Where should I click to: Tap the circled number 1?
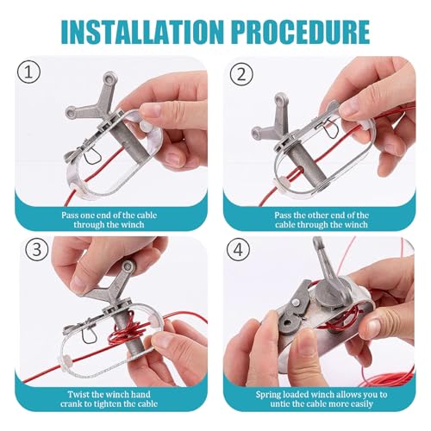28,72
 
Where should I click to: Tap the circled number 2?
241,74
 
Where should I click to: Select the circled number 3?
36,249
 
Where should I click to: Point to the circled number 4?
238,249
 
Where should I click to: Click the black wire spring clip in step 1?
92,157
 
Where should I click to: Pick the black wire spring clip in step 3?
88,334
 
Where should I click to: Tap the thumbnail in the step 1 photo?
152,110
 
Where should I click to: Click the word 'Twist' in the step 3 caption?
78,394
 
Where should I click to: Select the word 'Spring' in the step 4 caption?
268,395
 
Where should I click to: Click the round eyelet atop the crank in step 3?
128,266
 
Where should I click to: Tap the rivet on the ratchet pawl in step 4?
295,303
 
